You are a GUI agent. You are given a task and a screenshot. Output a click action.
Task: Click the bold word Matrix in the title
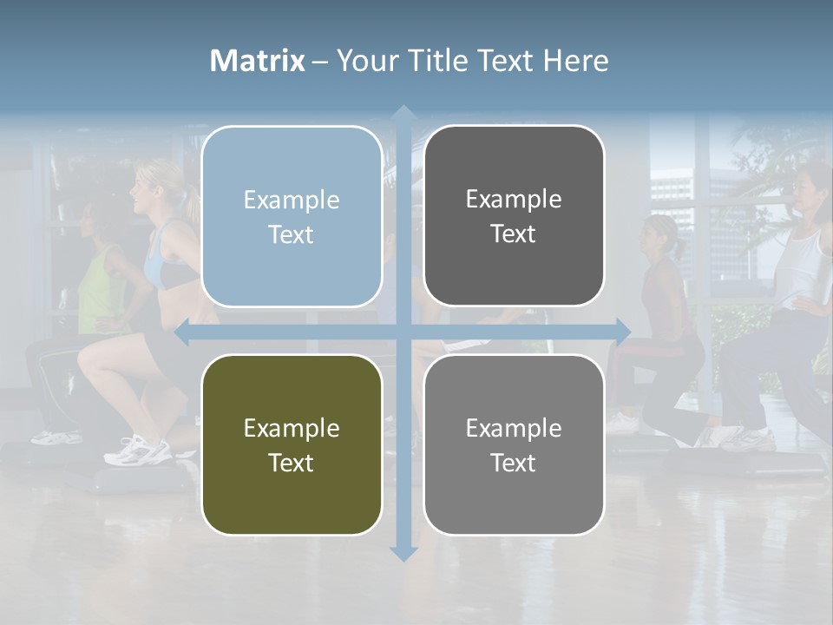coord(258,61)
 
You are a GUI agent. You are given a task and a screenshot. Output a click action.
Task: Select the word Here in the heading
coord(575,61)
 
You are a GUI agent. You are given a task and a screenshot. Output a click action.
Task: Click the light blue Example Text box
coord(292,217)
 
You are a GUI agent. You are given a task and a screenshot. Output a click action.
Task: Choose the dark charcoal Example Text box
coord(514,216)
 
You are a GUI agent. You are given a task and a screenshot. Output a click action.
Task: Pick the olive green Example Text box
coord(292,445)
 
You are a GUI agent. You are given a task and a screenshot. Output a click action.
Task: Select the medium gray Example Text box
coord(514,445)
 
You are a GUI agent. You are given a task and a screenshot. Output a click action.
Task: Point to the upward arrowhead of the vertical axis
coord(403,114)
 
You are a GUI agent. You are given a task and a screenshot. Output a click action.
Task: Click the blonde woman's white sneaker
coord(139,451)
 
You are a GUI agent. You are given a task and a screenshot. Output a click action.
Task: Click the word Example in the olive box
coord(292,428)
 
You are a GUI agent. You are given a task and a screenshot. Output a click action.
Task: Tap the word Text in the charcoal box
coord(514,234)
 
